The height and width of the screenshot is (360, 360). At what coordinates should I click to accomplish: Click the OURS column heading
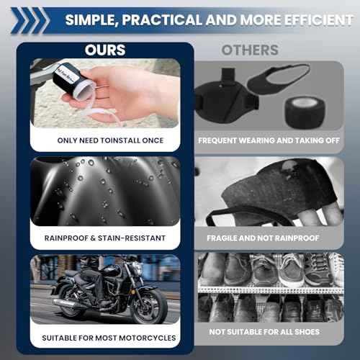(x=105, y=50)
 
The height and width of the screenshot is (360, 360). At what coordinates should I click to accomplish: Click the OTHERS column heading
(x=250, y=50)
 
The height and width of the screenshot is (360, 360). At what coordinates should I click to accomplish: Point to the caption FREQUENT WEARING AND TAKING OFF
(x=269, y=140)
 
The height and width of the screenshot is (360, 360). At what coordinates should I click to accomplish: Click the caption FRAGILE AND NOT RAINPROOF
(x=269, y=238)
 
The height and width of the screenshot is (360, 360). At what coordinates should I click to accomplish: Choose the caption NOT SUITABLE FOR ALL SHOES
(x=269, y=332)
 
